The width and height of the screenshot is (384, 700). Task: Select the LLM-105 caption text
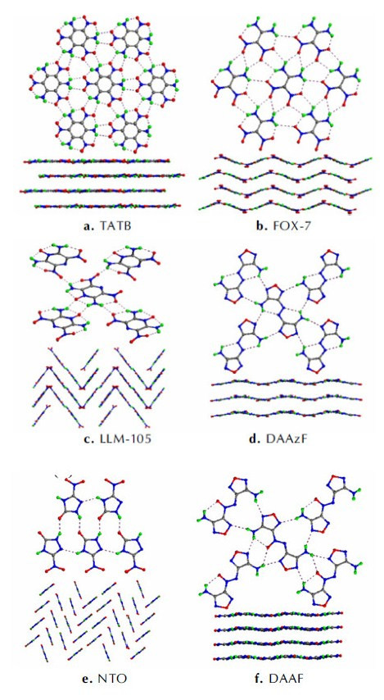[108, 440]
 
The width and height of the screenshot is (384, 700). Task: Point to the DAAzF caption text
[286, 440]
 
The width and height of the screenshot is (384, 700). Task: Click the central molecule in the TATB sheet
[102, 83]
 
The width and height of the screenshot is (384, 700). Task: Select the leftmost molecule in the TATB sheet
[49, 83]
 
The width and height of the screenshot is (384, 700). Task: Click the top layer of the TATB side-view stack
[97, 161]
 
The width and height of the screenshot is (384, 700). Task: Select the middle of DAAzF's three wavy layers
[286, 398]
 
